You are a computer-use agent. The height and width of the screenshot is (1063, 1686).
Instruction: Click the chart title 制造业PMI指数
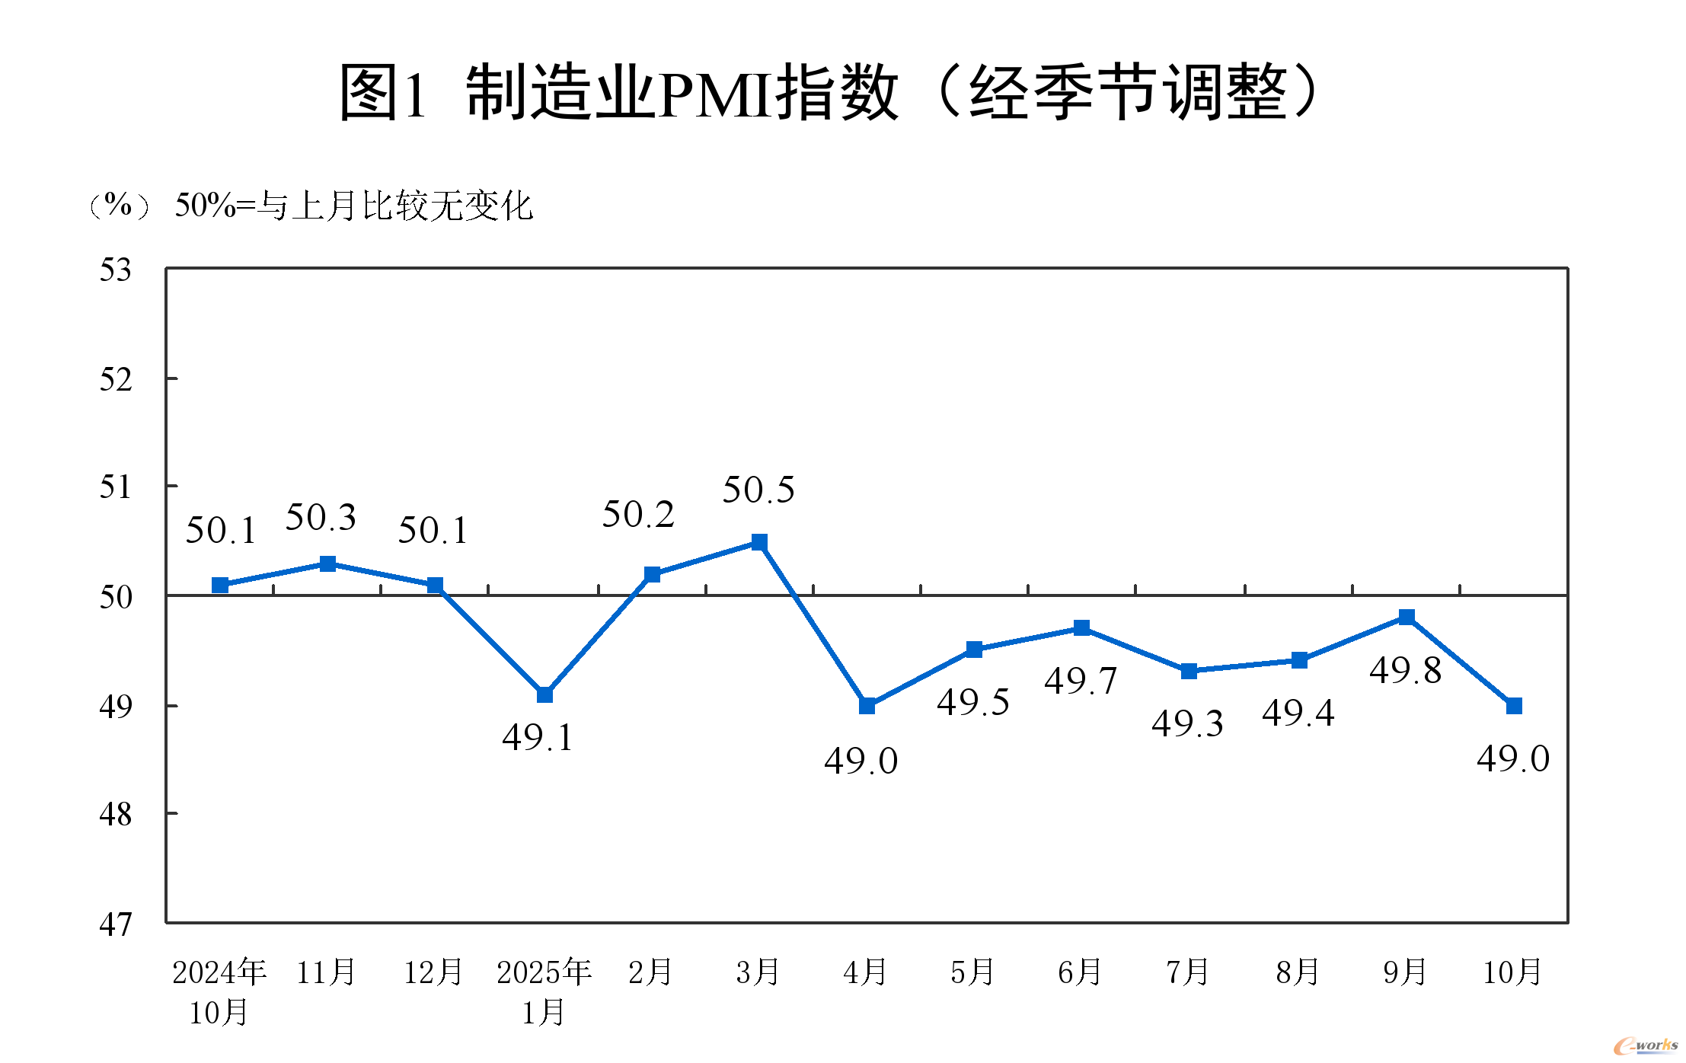pyautogui.click(x=830, y=93)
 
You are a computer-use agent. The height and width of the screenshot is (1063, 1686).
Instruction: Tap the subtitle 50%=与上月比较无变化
pyautogui.click(x=353, y=206)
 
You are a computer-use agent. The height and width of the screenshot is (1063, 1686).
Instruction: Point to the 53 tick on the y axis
pyautogui.click(x=116, y=270)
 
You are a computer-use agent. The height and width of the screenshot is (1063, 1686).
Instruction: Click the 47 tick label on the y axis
pyautogui.click(x=116, y=924)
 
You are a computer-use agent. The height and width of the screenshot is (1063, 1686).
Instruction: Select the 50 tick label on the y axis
pyautogui.click(x=116, y=597)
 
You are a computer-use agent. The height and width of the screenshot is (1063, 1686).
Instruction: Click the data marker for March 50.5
pyautogui.click(x=759, y=542)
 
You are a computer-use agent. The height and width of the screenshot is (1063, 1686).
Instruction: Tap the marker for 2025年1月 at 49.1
pyautogui.click(x=544, y=694)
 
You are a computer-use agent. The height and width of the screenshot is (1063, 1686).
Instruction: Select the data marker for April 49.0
pyautogui.click(x=867, y=706)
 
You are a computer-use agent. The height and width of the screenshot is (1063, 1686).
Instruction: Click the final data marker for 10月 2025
pyautogui.click(x=1514, y=706)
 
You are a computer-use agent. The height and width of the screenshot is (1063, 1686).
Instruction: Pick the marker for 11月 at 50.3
pyautogui.click(x=327, y=563)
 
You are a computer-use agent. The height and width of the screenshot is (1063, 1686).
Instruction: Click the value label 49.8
pyautogui.click(x=1405, y=671)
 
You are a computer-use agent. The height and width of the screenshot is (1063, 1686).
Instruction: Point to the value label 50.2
pyautogui.click(x=638, y=515)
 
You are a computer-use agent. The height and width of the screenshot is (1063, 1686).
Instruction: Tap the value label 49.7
pyautogui.click(x=1081, y=681)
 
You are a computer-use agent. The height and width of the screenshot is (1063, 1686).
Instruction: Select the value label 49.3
pyautogui.click(x=1187, y=723)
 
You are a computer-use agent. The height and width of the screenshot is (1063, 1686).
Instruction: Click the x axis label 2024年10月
pyautogui.click(x=219, y=991)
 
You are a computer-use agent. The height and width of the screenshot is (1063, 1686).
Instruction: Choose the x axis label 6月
pyautogui.click(x=1080, y=972)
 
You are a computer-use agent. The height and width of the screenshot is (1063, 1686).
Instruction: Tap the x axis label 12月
pyautogui.click(x=433, y=972)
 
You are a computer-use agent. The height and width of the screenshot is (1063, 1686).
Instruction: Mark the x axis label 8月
pyautogui.click(x=1298, y=972)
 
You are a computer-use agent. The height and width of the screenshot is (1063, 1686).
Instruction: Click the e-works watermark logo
pyautogui.click(x=1645, y=1045)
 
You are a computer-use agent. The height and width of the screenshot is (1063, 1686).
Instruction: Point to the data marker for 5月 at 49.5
pyautogui.click(x=974, y=650)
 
